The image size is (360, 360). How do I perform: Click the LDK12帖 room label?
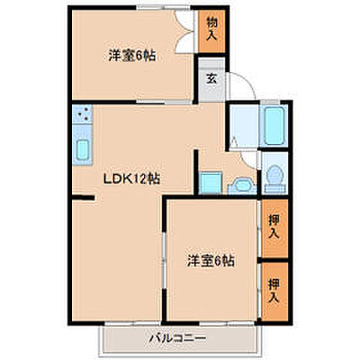click(x=132, y=179)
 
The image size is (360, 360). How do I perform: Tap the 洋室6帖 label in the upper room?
click(x=132, y=55)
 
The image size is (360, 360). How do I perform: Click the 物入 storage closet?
click(x=211, y=31)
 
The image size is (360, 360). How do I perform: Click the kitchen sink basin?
click(x=82, y=149)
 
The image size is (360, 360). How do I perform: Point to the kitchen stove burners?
click(x=82, y=116)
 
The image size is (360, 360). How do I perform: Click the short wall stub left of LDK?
click(x=82, y=199)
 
